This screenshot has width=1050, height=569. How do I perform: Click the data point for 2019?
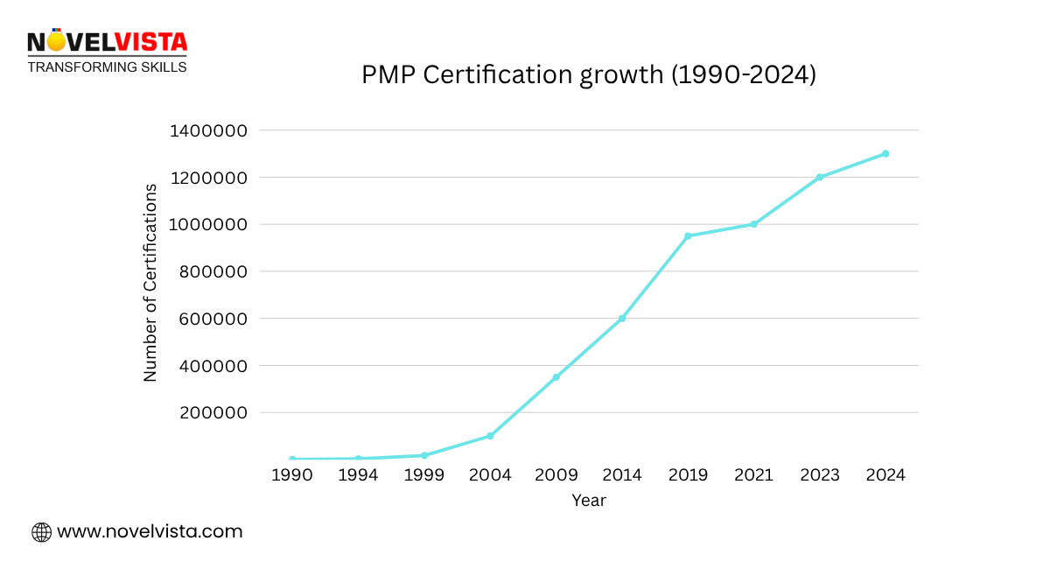(688, 236)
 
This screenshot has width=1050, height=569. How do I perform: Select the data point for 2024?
(885, 153)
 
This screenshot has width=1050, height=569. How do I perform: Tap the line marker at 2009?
(556, 377)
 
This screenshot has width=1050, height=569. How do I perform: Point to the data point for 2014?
(622, 318)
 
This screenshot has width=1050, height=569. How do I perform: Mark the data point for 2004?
(490, 436)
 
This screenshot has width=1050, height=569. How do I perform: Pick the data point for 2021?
(753, 224)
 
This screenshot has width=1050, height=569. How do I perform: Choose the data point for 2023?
(820, 177)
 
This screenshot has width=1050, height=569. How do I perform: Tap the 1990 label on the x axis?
(292, 475)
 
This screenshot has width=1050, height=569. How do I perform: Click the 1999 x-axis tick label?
(424, 475)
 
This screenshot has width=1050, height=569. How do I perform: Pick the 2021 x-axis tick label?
(753, 475)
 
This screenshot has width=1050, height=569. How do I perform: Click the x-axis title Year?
(589, 501)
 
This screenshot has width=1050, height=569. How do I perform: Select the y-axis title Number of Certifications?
(150, 283)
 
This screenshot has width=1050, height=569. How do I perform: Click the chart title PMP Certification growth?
(589, 75)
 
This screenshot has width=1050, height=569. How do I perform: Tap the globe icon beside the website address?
(41, 532)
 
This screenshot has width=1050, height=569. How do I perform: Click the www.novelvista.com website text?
(150, 531)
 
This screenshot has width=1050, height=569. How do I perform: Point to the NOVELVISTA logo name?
(107, 43)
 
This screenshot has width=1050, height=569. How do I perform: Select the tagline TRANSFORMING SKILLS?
(107, 67)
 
